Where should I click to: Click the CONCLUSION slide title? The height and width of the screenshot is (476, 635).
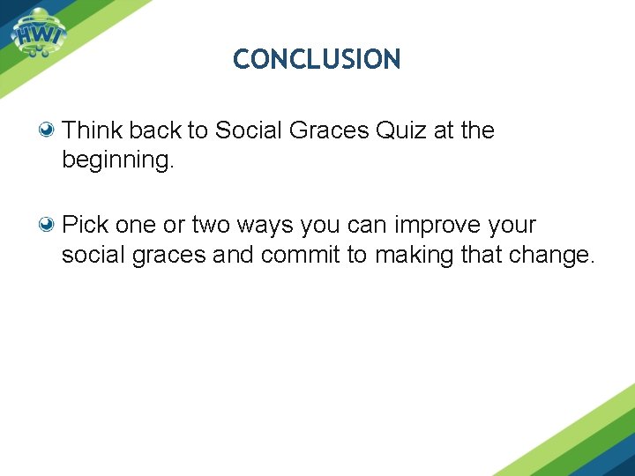[317, 60]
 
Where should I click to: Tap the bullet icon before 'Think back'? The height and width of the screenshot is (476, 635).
[49, 130]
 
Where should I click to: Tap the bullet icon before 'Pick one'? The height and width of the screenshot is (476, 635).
[49, 224]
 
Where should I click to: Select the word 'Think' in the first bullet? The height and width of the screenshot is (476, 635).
[93, 130]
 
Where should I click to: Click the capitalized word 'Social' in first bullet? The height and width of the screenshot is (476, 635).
[247, 130]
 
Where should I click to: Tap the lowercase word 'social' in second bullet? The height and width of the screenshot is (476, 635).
[93, 256]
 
